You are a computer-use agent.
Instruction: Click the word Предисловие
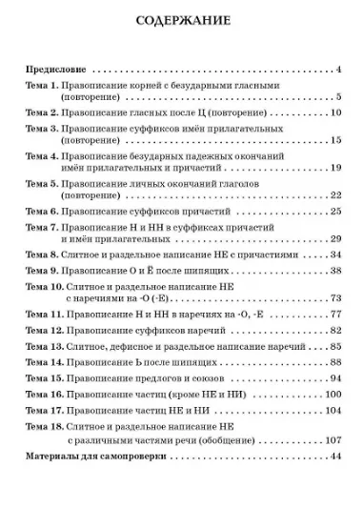55,70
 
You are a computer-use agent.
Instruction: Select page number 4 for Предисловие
338,70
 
